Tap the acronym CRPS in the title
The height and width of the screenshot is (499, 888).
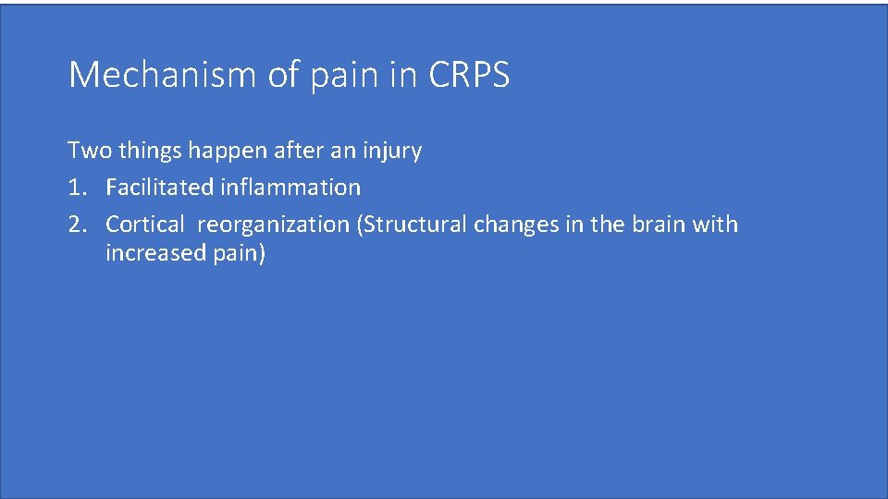tap(469, 75)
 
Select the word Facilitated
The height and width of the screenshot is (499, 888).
tap(160, 188)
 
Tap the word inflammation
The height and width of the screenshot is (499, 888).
tap(290, 188)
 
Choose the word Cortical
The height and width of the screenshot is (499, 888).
tap(145, 225)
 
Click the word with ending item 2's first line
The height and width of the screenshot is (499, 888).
tap(716, 225)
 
